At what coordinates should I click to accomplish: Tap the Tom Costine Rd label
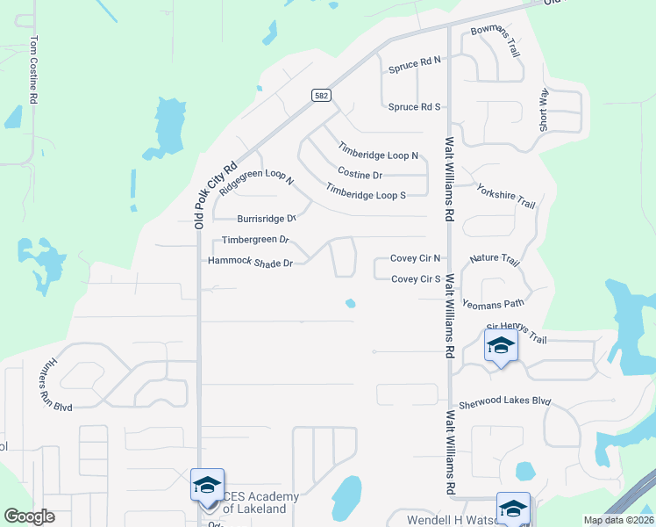click(x=34, y=71)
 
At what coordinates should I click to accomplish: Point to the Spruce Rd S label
click(x=415, y=107)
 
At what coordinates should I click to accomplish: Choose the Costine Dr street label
click(x=360, y=175)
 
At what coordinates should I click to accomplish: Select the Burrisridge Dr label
click(x=267, y=219)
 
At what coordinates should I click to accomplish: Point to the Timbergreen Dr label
click(x=255, y=240)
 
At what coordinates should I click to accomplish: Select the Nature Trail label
click(x=495, y=261)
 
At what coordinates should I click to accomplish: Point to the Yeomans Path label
click(x=493, y=303)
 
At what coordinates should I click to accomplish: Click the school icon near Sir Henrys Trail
click(x=500, y=344)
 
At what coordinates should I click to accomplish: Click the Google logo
click(x=30, y=516)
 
